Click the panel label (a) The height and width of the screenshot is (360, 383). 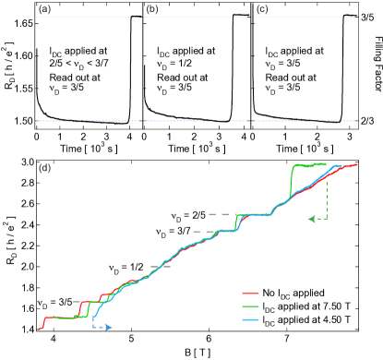43,12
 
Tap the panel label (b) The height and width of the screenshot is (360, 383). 153,12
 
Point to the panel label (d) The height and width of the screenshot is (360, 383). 44,168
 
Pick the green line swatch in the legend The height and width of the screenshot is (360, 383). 249,306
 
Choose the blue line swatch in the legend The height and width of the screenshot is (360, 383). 249,319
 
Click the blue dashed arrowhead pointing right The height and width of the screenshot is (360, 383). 109,327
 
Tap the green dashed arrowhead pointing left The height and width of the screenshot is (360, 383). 311,219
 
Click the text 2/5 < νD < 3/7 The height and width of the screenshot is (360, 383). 82,66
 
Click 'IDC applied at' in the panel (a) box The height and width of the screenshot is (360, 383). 80,54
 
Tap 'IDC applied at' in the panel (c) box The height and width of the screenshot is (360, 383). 294,54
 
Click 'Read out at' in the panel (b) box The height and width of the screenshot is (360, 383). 181,78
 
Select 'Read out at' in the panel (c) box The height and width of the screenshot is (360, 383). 289,78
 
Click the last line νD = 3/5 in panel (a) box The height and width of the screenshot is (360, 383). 73,90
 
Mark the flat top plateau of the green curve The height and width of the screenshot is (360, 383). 310,164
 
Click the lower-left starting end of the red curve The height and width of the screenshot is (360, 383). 40,327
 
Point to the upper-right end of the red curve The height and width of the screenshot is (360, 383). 357,165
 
